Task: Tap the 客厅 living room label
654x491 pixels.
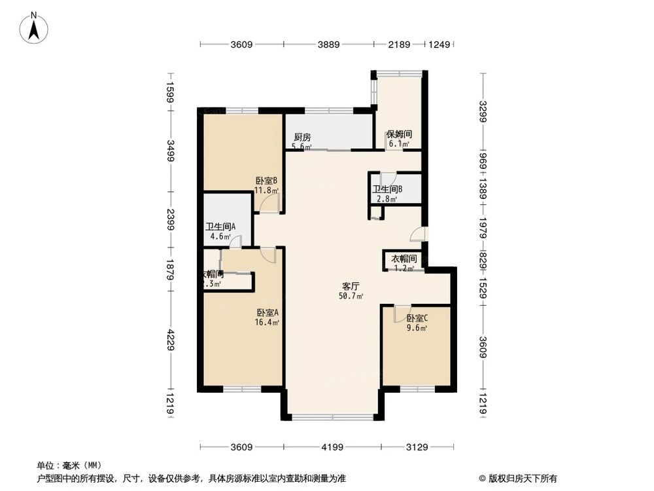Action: pyautogui.click(x=351, y=286)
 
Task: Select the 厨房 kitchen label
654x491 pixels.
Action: pyautogui.click(x=301, y=137)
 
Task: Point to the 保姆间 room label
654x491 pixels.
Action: pyautogui.click(x=398, y=134)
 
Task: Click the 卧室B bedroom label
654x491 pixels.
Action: pyautogui.click(x=267, y=181)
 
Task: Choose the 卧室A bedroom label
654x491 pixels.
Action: pyautogui.click(x=267, y=312)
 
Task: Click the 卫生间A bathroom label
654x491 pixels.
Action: pyautogui.click(x=220, y=227)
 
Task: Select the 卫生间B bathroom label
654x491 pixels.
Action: pyautogui.click(x=387, y=190)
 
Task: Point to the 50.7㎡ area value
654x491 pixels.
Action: pyautogui.click(x=352, y=296)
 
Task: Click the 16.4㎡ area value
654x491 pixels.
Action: pyautogui.click(x=267, y=322)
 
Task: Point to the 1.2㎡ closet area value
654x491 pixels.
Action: pyautogui.click(x=404, y=268)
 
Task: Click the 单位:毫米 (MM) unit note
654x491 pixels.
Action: pyautogui.click(x=67, y=465)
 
